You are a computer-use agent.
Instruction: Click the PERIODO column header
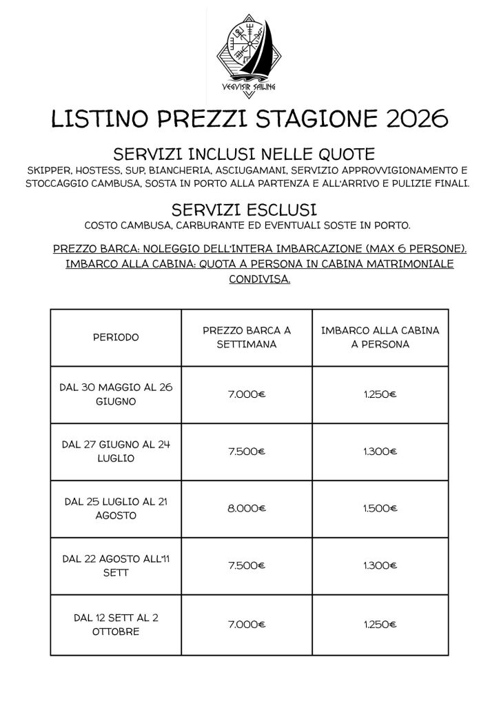116,337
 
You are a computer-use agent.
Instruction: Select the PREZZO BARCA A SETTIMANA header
247,337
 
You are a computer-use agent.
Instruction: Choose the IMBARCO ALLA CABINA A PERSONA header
380,337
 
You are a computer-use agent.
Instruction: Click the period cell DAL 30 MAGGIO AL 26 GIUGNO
116,394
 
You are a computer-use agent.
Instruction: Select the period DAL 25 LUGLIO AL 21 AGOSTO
116,508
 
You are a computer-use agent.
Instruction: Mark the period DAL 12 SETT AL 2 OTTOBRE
116,624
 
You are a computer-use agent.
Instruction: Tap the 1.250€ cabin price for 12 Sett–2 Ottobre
380,624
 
